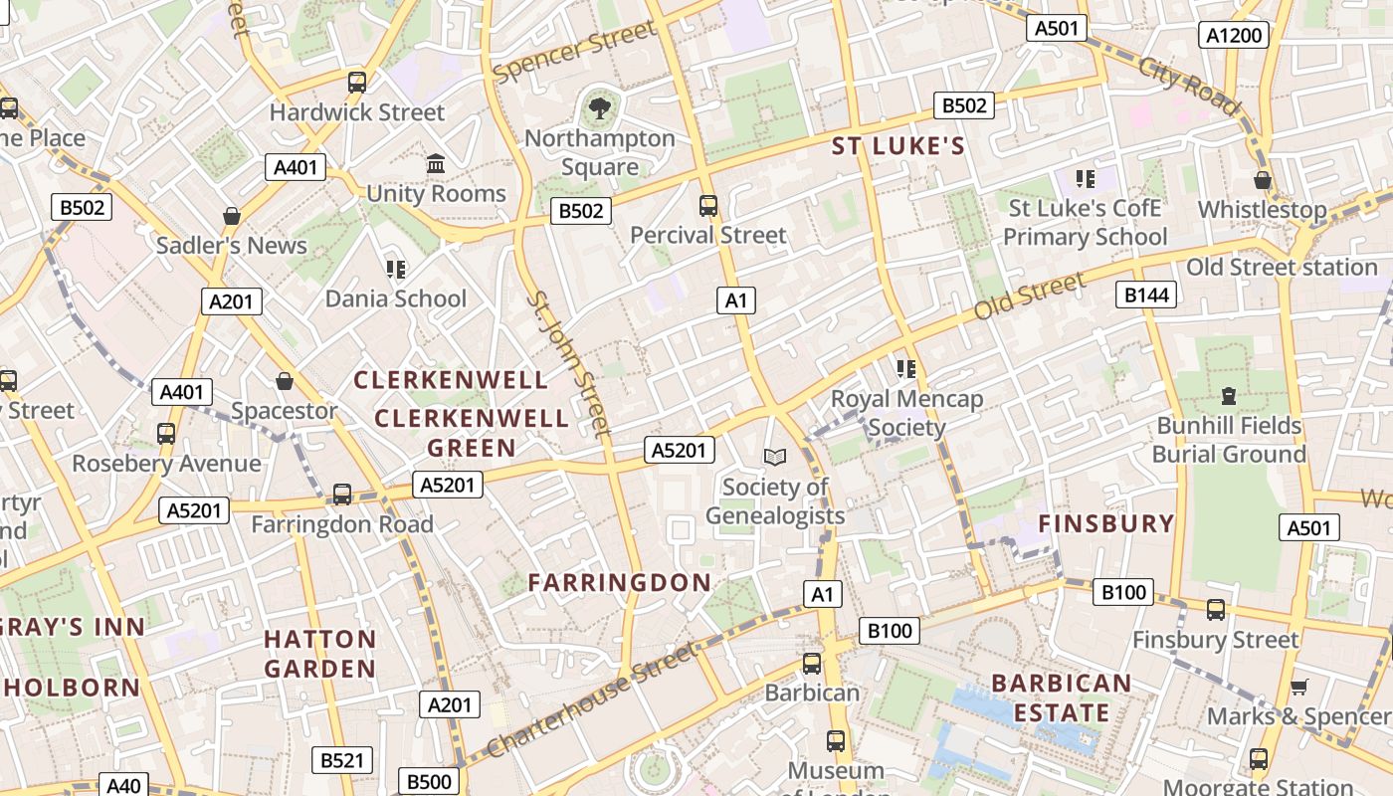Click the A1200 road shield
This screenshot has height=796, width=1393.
(x=1234, y=36)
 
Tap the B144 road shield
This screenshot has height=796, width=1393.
(x=1147, y=294)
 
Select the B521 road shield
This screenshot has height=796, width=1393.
(x=341, y=760)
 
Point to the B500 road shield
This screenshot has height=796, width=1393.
(x=429, y=781)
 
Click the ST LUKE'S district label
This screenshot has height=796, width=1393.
(x=898, y=147)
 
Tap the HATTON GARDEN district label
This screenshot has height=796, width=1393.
(x=320, y=653)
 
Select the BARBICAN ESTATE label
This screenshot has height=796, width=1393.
(x=1062, y=697)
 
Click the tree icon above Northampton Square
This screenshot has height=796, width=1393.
(x=599, y=107)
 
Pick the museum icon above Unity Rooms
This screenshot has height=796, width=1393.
(x=436, y=163)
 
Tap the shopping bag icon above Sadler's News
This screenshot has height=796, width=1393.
(x=232, y=216)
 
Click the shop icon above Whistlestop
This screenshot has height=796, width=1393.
(x=1263, y=180)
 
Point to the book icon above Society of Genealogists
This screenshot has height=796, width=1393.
(x=775, y=457)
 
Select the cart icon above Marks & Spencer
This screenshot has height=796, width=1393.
(x=1298, y=687)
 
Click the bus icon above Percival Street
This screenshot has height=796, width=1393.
(x=708, y=206)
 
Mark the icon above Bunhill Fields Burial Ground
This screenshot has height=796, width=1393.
(x=1229, y=396)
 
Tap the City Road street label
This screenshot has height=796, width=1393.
(x=1190, y=86)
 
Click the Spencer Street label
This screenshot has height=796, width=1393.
(x=575, y=53)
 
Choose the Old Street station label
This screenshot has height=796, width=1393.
(x=1282, y=267)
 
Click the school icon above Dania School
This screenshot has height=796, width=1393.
(x=396, y=269)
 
